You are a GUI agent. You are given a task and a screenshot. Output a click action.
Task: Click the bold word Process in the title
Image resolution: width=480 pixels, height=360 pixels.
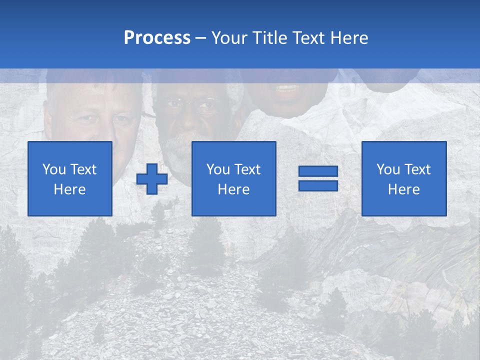[x=157, y=38]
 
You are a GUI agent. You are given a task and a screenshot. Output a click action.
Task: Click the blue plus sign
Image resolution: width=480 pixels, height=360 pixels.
[x=152, y=179]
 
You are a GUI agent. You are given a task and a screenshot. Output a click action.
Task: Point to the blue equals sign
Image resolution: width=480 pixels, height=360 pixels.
[x=318, y=178]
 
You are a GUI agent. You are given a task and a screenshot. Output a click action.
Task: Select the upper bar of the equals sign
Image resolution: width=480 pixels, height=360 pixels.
[x=318, y=171]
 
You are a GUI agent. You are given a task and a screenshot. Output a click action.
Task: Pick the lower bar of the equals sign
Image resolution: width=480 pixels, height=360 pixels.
[x=318, y=185]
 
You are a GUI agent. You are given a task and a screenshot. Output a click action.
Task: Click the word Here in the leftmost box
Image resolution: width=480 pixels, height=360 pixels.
[x=69, y=189]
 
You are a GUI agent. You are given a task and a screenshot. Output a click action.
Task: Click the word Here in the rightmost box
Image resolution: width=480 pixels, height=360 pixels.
[x=403, y=189]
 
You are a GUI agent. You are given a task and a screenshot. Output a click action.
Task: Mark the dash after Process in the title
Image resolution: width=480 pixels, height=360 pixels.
[x=200, y=38]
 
